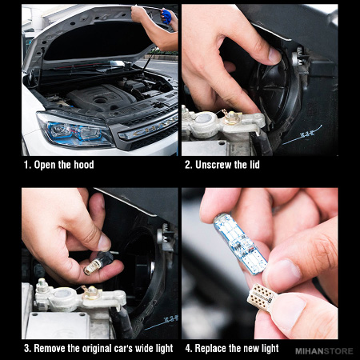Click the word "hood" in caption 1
[x=84, y=165]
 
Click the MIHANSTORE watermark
[x=324, y=351]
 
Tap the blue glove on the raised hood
[x=166, y=16]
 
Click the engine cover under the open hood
[x=101, y=97]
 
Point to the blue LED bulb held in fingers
[x=240, y=243]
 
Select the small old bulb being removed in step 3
[x=98, y=262]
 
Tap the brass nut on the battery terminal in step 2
[x=231, y=118]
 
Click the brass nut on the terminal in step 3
[x=91, y=292]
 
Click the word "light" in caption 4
[x=270, y=348]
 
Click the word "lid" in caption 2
[x=254, y=165]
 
